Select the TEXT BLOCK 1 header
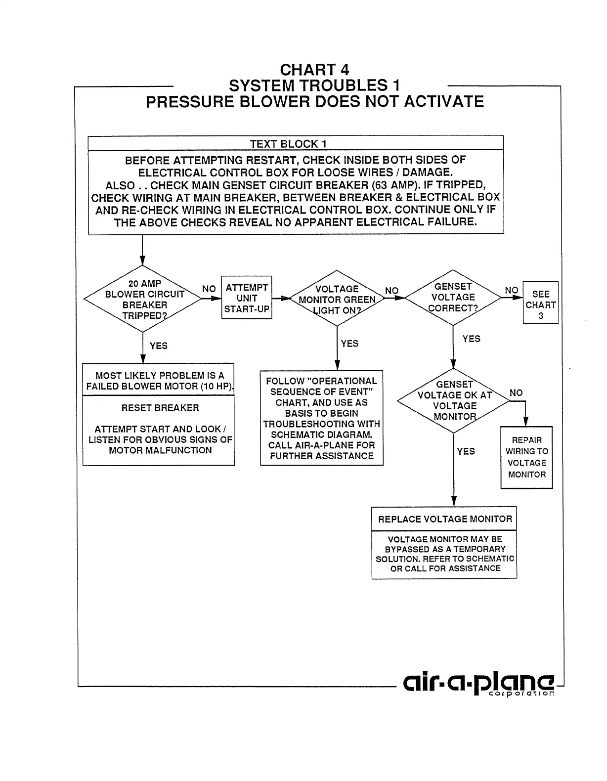(x=296, y=144)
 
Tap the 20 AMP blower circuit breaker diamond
(x=143, y=300)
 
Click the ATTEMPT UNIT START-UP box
(x=247, y=298)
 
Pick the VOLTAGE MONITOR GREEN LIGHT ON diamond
(x=337, y=299)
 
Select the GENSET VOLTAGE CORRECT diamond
(x=453, y=297)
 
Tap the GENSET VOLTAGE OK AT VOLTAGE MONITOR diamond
(x=454, y=400)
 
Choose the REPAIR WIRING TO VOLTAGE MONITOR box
(x=526, y=457)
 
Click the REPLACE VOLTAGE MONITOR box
(x=444, y=519)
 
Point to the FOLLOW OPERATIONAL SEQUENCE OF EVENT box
(x=321, y=418)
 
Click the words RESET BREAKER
(x=160, y=408)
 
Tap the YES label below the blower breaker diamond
(x=159, y=346)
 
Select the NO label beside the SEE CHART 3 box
(x=512, y=290)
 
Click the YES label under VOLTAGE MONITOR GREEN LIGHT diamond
(x=349, y=344)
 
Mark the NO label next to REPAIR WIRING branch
(x=516, y=393)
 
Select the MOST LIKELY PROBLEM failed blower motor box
(x=158, y=381)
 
